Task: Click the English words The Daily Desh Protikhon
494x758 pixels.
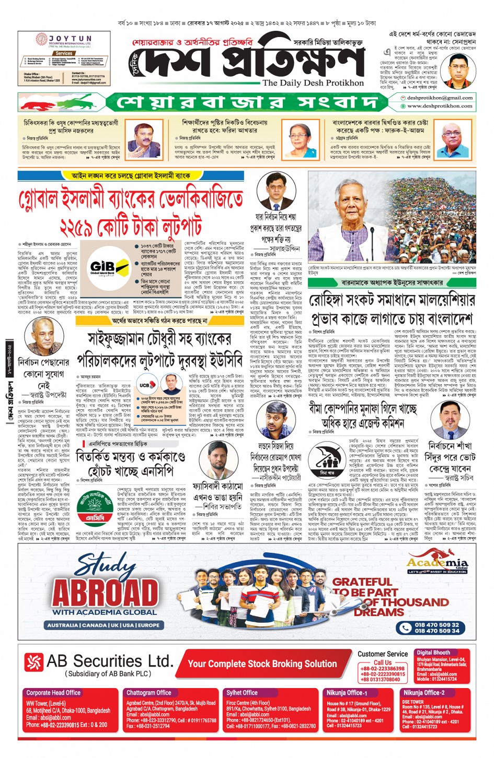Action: click(x=313, y=82)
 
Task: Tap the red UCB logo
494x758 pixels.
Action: click(x=144, y=385)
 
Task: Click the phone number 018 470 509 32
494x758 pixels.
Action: click(x=436, y=624)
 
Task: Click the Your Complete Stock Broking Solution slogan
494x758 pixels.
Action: click(x=262, y=664)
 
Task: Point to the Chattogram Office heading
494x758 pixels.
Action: click(x=148, y=693)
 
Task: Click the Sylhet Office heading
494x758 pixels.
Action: click(x=242, y=693)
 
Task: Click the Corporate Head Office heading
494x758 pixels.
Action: click(x=53, y=693)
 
